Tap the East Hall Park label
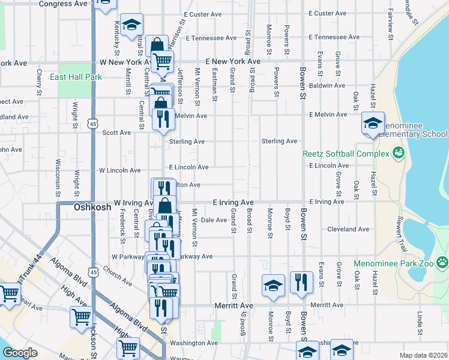[x=76, y=77]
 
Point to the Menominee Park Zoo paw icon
[x=442, y=262]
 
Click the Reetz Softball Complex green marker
[x=398, y=154]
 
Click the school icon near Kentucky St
[x=131, y=25]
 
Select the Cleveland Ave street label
[x=348, y=229]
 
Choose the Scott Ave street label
[x=116, y=133]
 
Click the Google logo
[x=20, y=353]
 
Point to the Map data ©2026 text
[x=423, y=355]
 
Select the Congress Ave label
[x=63, y=4]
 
